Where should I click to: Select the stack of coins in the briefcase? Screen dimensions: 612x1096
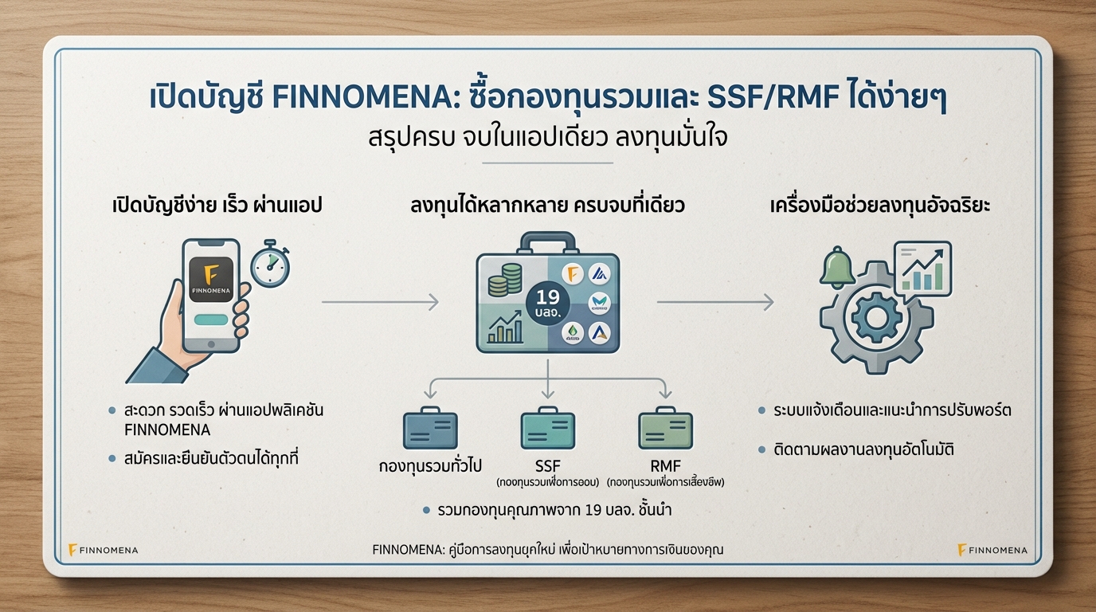click(504, 280)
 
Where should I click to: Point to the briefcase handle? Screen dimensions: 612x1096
click(547, 241)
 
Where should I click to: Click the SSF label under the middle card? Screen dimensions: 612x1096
click(547, 465)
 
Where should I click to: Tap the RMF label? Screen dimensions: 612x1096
click(665, 465)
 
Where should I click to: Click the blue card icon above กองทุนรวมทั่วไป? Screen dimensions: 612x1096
click(430, 430)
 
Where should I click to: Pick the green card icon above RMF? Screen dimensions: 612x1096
click(665, 430)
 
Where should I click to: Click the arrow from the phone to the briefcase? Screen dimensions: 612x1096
click(380, 302)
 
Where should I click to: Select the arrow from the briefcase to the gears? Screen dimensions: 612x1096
click(714, 302)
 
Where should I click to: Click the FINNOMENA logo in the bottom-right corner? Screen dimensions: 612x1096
click(992, 550)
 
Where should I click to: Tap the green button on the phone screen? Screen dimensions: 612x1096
click(211, 319)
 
